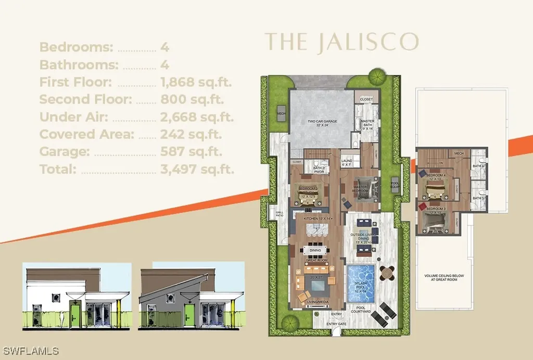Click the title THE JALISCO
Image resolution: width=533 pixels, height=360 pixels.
342,42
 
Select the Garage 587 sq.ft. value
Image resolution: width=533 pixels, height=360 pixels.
192,152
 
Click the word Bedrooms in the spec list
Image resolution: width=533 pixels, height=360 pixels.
76,47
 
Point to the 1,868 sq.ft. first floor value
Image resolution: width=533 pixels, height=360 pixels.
196,82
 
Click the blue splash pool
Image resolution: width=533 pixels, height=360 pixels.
361,283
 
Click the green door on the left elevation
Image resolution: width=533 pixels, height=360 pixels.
74,313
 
